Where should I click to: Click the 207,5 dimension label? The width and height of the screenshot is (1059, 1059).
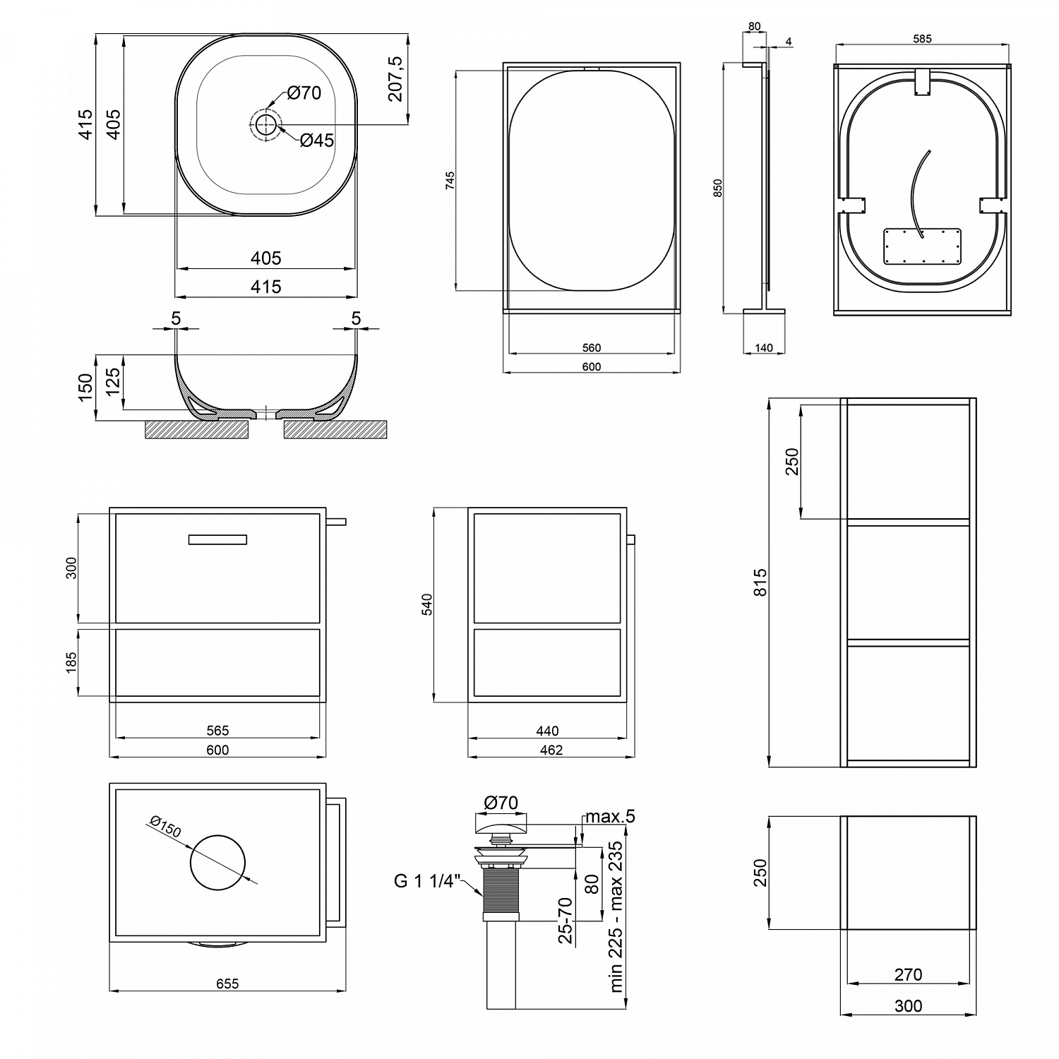(x=396, y=79)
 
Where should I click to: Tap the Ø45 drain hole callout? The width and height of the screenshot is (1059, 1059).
(x=317, y=140)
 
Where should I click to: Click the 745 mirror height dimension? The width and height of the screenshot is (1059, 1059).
(x=450, y=181)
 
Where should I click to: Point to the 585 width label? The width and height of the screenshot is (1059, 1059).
(x=922, y=39)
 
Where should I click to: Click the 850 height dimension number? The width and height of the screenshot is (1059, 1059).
(x=718, y=188)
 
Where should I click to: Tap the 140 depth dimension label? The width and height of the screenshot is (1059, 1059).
(x=764, y=347)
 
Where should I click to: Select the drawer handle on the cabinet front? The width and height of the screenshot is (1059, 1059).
(x=217, y=540)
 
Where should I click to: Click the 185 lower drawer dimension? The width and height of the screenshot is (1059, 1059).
(x=71, y=662)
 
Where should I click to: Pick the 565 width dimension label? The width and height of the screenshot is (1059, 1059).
(x=217, y=731)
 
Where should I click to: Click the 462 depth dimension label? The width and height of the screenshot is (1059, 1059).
(x=551, y=750)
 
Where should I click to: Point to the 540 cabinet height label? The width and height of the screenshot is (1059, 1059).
(x=427, y=605)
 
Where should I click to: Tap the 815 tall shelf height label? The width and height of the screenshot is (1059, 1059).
(x=760, y=582)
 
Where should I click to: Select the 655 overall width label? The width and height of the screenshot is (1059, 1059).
(x=227, y=983)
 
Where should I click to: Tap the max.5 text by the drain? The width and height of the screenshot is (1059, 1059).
(x=610, y=817)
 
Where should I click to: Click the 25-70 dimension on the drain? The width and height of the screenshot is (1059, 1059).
(x=566, y=921)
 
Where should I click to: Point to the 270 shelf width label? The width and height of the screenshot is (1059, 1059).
(x=908, y=974)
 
